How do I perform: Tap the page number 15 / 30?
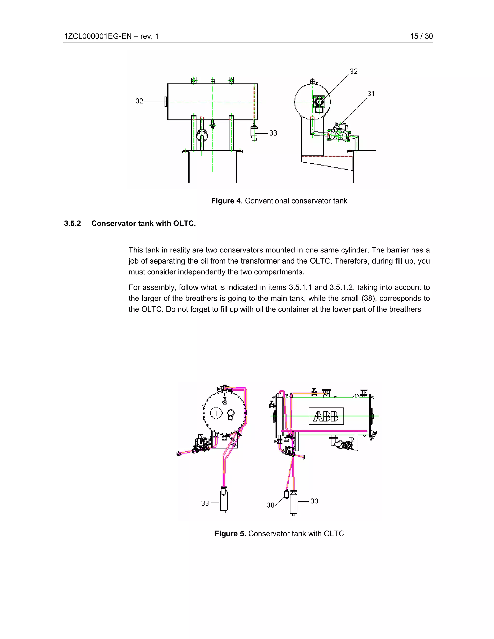[x=421, y=36]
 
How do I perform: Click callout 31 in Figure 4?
[x=371, y=94]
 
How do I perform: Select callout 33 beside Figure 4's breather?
[x=273, y=133]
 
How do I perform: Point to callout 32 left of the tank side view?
[x=139, y=101]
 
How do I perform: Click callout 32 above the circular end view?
[x=354, y=71]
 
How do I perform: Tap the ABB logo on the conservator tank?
[x=326, y=416]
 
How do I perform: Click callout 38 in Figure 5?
[x=270, y=505]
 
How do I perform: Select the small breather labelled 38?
[x=287, y=494]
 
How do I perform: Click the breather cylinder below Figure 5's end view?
[x=224, y=501]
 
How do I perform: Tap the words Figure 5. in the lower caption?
[x=230, y=534]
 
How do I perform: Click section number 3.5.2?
[x=72, y=224]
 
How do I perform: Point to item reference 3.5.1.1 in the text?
[x=300, y=288]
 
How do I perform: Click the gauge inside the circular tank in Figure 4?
[x=319, y=104]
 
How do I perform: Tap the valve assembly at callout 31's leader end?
[x=339, y=133]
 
